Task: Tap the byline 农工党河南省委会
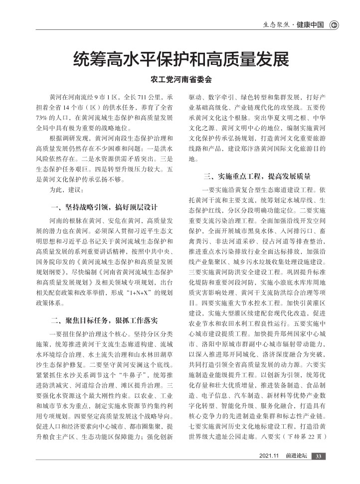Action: click(180, 79)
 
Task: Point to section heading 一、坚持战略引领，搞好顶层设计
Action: click(104, 207)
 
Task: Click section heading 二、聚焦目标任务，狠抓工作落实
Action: click(104, 321)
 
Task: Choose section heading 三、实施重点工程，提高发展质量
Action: click(257, 176)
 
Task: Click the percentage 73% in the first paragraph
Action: click(44, 118)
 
